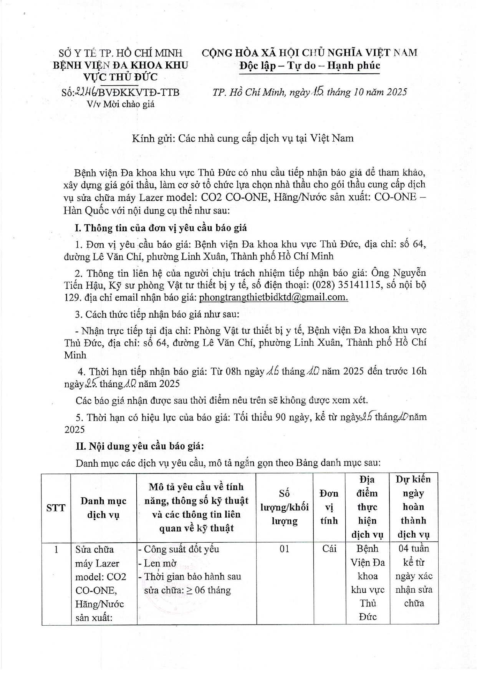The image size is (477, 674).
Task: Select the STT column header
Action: (x=56, y=508)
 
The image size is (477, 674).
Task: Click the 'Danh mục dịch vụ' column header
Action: (x=103, y=508)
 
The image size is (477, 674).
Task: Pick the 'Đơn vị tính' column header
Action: (x=329, y=507)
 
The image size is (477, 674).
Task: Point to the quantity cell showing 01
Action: (x=284, y=549)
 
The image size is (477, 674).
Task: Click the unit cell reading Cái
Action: (x=329, y=549)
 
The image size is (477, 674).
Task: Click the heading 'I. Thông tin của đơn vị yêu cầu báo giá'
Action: (x=161, y=228)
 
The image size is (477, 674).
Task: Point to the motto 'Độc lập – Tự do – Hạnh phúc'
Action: (x=309, y=65)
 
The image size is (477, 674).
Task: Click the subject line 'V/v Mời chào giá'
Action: (x=121, y=104)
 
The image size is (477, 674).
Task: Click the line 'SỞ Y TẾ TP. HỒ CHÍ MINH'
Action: (x=120, y=53)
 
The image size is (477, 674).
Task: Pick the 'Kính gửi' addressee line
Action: (x=243, y=138)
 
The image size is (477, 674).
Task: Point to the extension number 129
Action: (x=71, y=297)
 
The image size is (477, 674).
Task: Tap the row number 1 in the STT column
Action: (x=56, y=549)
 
